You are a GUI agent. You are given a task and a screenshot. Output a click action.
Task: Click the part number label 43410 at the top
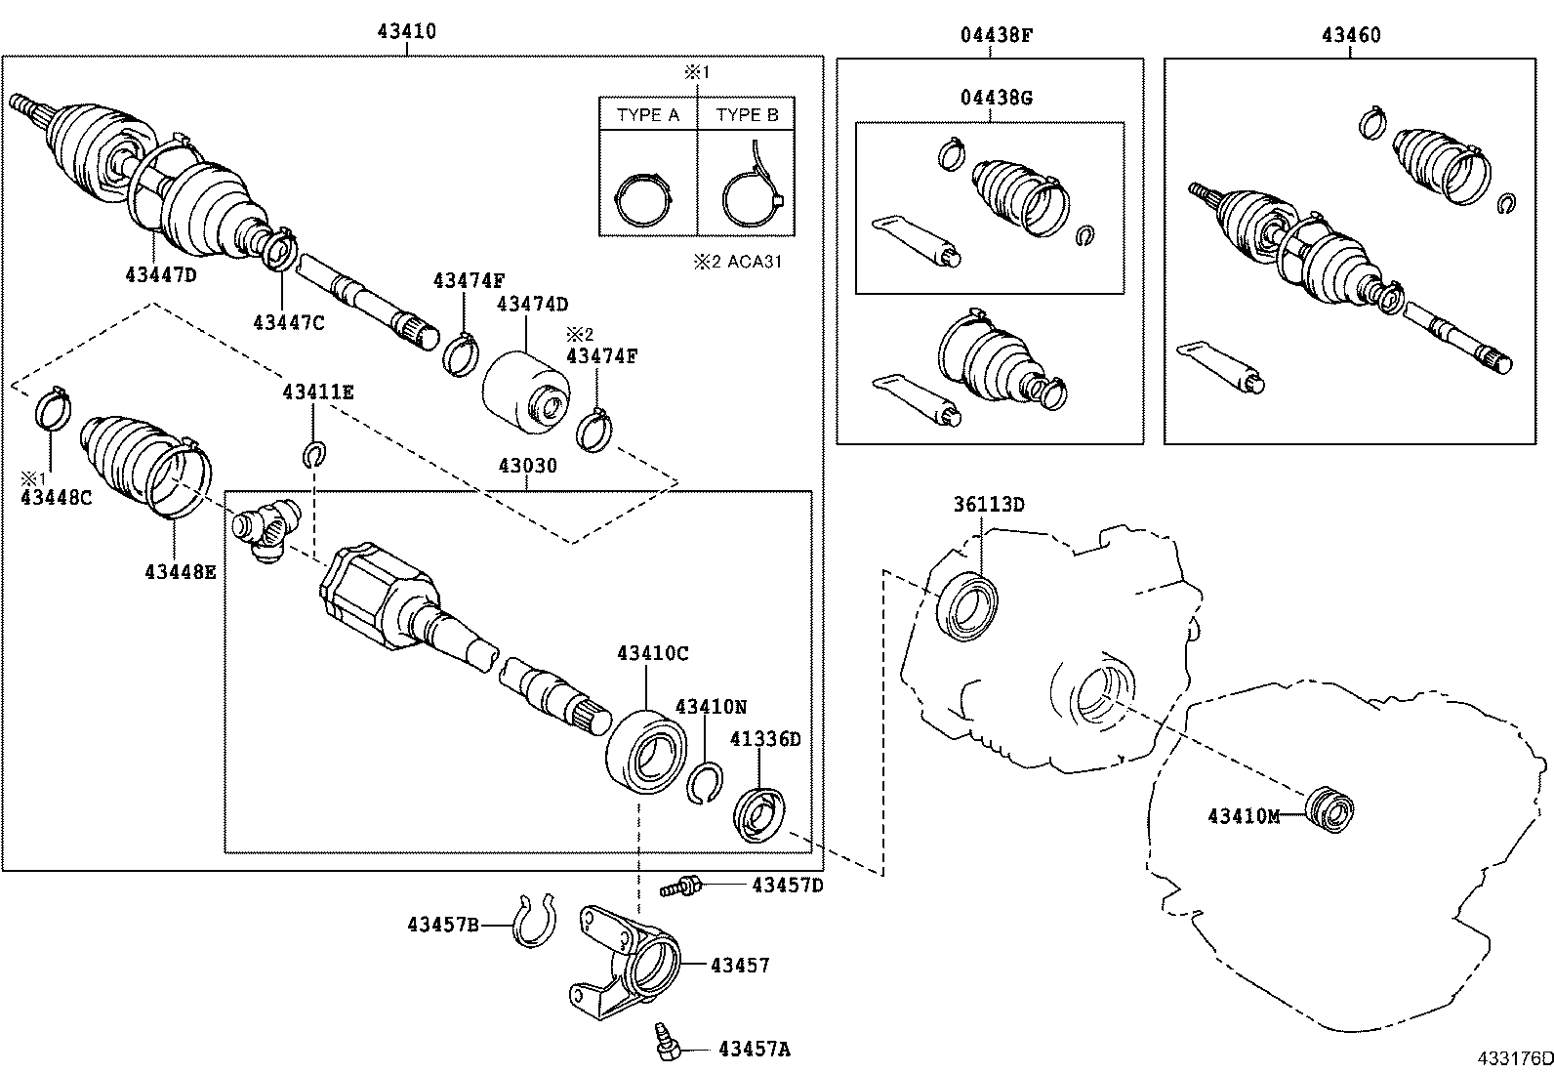coord(407,31)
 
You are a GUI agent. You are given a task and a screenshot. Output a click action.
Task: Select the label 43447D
coord(160,274)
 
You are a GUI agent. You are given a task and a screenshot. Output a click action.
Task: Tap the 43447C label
coord(288,322)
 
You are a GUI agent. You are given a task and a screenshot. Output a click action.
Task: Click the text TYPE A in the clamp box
coord(647,114)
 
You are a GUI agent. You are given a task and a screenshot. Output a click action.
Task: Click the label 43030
coord(527,466)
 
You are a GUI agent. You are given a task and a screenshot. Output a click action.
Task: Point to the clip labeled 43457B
coord(534,922)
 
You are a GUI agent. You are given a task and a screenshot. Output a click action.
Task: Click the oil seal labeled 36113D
coord(967,606)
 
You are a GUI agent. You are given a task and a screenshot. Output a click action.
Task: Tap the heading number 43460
coord(1351,35)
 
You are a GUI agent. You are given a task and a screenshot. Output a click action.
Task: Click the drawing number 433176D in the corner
coord(1513,1058)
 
